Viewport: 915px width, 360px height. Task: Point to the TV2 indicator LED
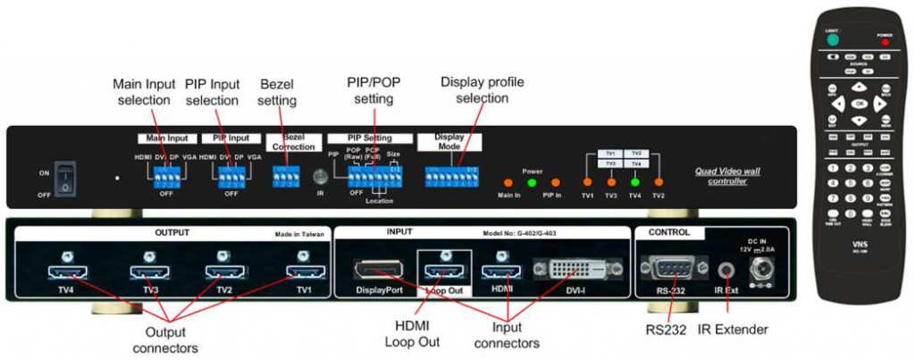(x=659, y=182)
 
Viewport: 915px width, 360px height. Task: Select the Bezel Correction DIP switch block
(x=288, y=176)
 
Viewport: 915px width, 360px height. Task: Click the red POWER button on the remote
(x=886, y=42)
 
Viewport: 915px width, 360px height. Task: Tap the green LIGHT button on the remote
(x=833, y=39)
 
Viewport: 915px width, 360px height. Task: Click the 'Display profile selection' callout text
(x=483, y=89)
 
